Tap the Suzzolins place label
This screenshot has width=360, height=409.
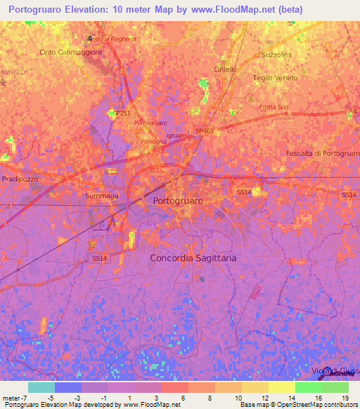tap(276, 53)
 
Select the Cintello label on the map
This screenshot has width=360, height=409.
tap(225, 69)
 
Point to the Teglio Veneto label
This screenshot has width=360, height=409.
tap(275, 78)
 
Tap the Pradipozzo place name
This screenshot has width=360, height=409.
tap(20, 179)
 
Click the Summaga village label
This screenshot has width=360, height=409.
tap(101, 195)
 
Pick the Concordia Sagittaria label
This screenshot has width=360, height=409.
tap(193, 258)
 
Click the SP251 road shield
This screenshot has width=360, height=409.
tap(122, 112)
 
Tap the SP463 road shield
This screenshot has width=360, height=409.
tap(204, 131)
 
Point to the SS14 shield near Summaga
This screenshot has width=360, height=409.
tap(100, 259)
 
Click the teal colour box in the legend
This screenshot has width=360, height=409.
tap(41, 387)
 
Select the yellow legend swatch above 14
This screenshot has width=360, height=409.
tap(281, 387)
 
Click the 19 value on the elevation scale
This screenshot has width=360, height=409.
tap(345, 398)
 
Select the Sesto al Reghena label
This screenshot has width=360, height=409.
tap(111, 39)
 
